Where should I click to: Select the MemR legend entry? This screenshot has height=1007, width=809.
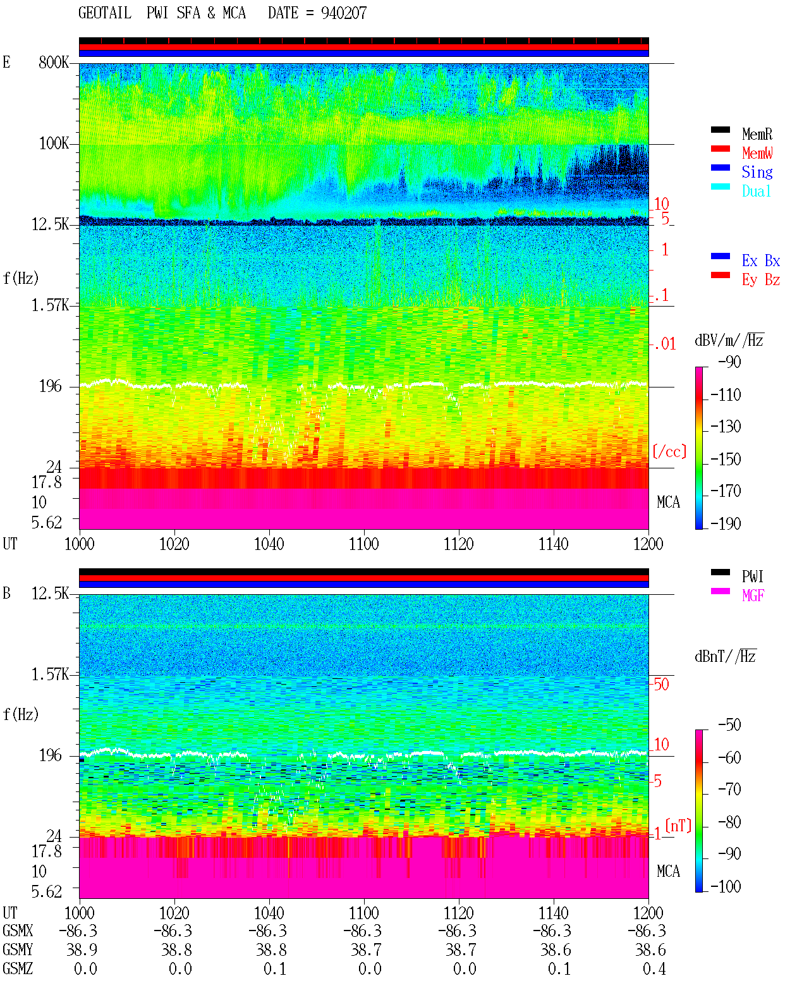click(x=757, y=134)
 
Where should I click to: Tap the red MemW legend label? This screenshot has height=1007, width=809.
click(x=757, y=153)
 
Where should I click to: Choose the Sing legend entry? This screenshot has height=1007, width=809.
click(x=757, y=172)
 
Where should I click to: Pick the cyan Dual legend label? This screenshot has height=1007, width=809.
click(x=756, y=191)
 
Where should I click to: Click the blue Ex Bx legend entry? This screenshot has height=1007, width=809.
click(x=760, y=260)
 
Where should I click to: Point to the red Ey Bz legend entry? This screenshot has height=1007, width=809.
click(x=760, y=280)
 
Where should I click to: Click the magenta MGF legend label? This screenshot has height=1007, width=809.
click(x=753, y=595)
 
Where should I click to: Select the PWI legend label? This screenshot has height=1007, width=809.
click(x=752, y=576)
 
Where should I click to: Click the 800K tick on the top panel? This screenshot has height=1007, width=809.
click(x=54, y=62)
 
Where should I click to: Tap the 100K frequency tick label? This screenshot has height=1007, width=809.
click(x=54, y=143)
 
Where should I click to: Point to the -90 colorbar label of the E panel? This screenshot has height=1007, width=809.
click(x=729, y=362)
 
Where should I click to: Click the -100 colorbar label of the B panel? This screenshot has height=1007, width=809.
click(x=725, y=886)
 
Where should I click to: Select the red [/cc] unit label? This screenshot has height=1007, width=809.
click(x=669, y=451)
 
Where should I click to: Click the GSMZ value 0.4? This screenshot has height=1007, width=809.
click(x=654, y=968)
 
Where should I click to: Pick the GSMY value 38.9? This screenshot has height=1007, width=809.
click(x=82, y=950)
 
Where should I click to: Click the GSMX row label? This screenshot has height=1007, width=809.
click(x=18, y=931)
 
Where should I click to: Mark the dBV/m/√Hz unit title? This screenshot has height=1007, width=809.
click(x=729, y=340)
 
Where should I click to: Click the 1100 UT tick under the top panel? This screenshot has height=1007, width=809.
click(x=363, y=544)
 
